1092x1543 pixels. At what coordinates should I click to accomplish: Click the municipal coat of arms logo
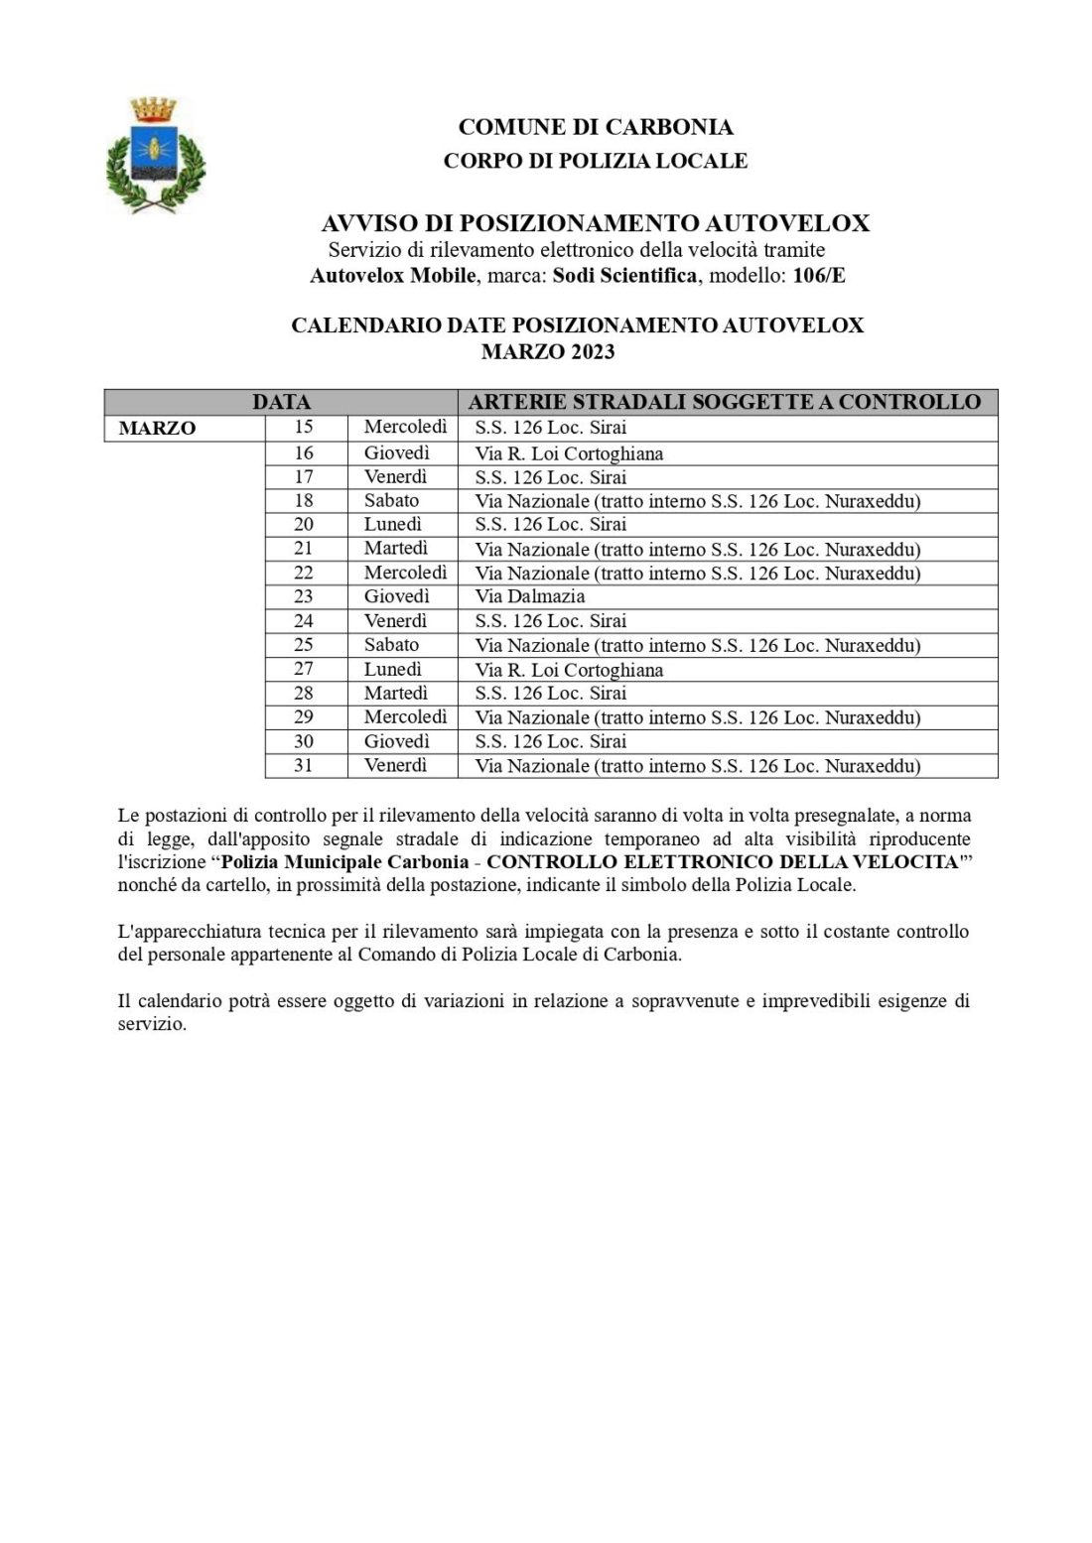(x=155, y=154)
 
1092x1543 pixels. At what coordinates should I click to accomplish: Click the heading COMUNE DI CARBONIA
(x=596, y=127)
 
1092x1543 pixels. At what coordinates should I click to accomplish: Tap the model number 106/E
(x=819, y=275)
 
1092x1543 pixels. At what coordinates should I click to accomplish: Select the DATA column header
(x=281, y=402)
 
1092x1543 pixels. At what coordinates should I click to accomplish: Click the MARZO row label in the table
(x=157, y=429)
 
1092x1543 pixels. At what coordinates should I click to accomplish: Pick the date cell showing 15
(x=304, y=428)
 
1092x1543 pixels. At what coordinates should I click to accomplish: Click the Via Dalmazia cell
(x=530, y=596)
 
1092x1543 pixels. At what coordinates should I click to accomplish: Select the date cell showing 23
(x=304, y=596)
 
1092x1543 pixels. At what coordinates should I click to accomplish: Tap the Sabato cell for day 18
(x=391, y=500)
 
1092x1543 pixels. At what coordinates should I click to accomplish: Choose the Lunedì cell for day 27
(x=393, y=669)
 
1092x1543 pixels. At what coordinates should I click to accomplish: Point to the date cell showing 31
(x=304, y=765)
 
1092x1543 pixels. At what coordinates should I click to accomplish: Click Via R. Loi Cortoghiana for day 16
(x=569, y=453)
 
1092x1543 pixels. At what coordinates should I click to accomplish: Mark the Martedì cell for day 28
(x=395, y=693)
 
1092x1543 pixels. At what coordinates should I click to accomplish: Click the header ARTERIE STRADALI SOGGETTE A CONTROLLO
(x=724, y=402)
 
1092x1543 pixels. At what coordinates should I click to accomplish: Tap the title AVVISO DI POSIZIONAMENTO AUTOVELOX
(x=596, y=223)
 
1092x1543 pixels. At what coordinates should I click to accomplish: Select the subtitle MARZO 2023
(x=548, y=351)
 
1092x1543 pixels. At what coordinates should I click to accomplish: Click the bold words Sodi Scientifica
(x=624, y=275)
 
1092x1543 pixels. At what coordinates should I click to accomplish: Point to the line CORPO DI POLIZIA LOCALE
(x=596, y=160)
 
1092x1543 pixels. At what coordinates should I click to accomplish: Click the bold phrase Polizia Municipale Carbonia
(x=344, y=861)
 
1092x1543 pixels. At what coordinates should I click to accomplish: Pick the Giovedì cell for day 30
(x=396, y=741)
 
